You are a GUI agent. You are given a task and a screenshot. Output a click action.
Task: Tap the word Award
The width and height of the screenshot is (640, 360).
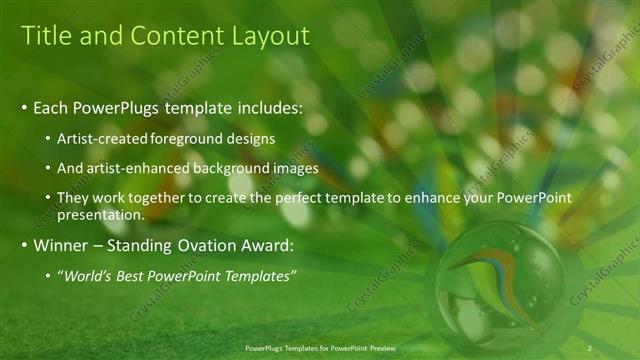pos(266,246)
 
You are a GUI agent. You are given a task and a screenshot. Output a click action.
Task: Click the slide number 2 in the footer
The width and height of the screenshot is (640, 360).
pos(590,347)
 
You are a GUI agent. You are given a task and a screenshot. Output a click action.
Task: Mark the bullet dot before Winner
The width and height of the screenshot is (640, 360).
pos(24,246)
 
